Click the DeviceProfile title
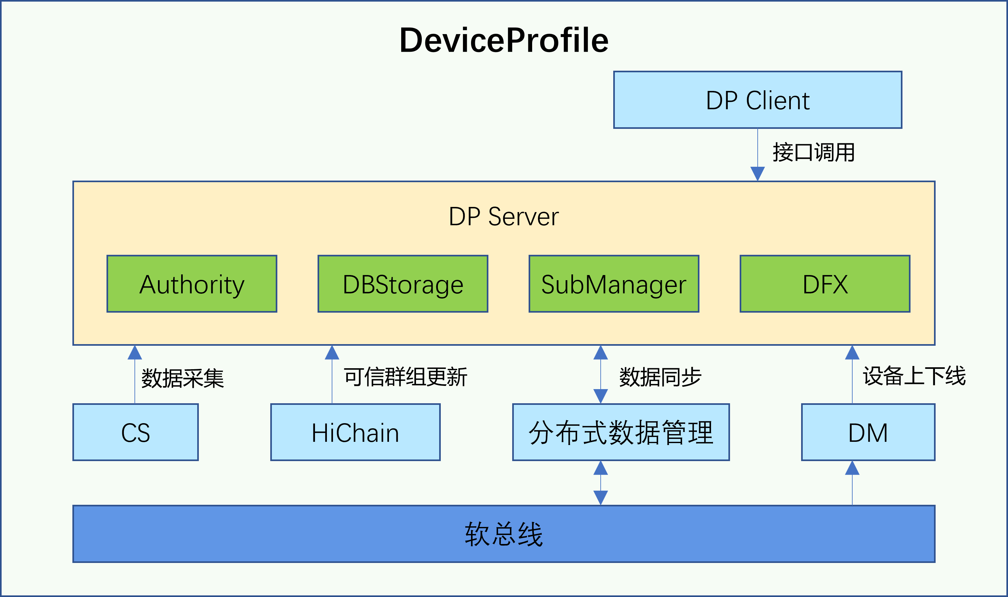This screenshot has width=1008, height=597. (504, 40)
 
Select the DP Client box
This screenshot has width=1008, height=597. (757, 100)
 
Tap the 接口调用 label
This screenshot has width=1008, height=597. (813, 153)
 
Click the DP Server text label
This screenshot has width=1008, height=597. (504, 217)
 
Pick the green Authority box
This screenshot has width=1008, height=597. (192, 284)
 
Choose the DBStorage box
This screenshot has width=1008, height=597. (403, 284)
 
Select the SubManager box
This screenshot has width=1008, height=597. (614, 284)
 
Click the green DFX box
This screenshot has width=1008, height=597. (825, 284)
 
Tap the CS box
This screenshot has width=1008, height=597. (136, 432)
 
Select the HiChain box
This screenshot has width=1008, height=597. (355, 432)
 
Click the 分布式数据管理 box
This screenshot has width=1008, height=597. (621, 432)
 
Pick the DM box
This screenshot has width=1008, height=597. (868, 432)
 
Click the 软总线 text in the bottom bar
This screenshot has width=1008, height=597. (504, 534)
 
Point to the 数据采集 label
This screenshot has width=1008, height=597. (182, 378)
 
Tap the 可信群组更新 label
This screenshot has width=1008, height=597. (405, 377)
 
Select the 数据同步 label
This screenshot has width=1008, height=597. (661, 377)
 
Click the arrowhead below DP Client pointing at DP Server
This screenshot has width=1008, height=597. (757, 174)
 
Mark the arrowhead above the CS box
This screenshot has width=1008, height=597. (134, 352)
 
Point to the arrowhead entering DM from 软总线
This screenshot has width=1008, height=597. (852, 468)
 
